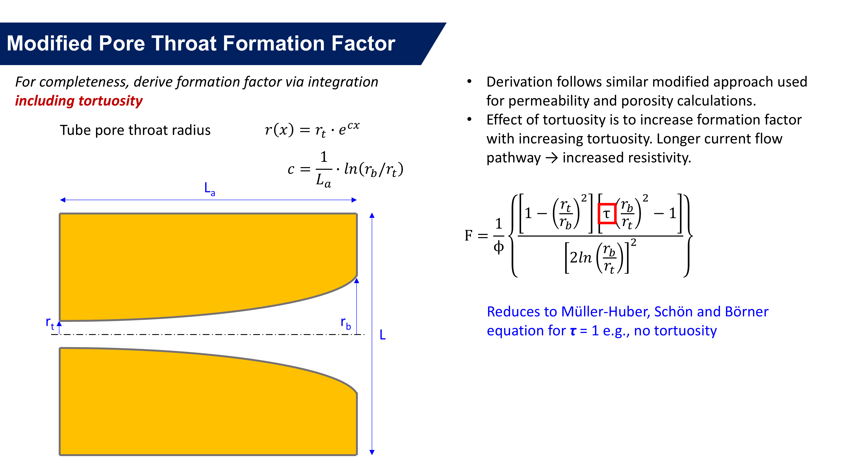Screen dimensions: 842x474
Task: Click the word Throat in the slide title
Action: coord(183,44)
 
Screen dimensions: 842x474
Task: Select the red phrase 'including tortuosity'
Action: coord(79,101)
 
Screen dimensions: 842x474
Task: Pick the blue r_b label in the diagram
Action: coord(345,323)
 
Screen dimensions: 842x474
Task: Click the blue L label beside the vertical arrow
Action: coord(382,335)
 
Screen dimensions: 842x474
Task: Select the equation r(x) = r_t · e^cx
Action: coord(312,129)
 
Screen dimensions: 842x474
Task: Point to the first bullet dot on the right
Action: coord(469,82)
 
